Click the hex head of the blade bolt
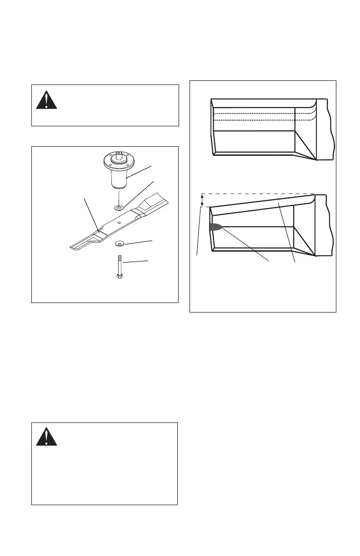[x=119, y=276]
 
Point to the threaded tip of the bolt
[x=119, y=257]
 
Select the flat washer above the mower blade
[x=118, y=208]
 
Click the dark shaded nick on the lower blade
[x=216, y=227]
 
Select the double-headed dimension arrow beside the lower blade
[x=202, y=200]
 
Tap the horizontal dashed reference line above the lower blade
[x=259, y=194]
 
